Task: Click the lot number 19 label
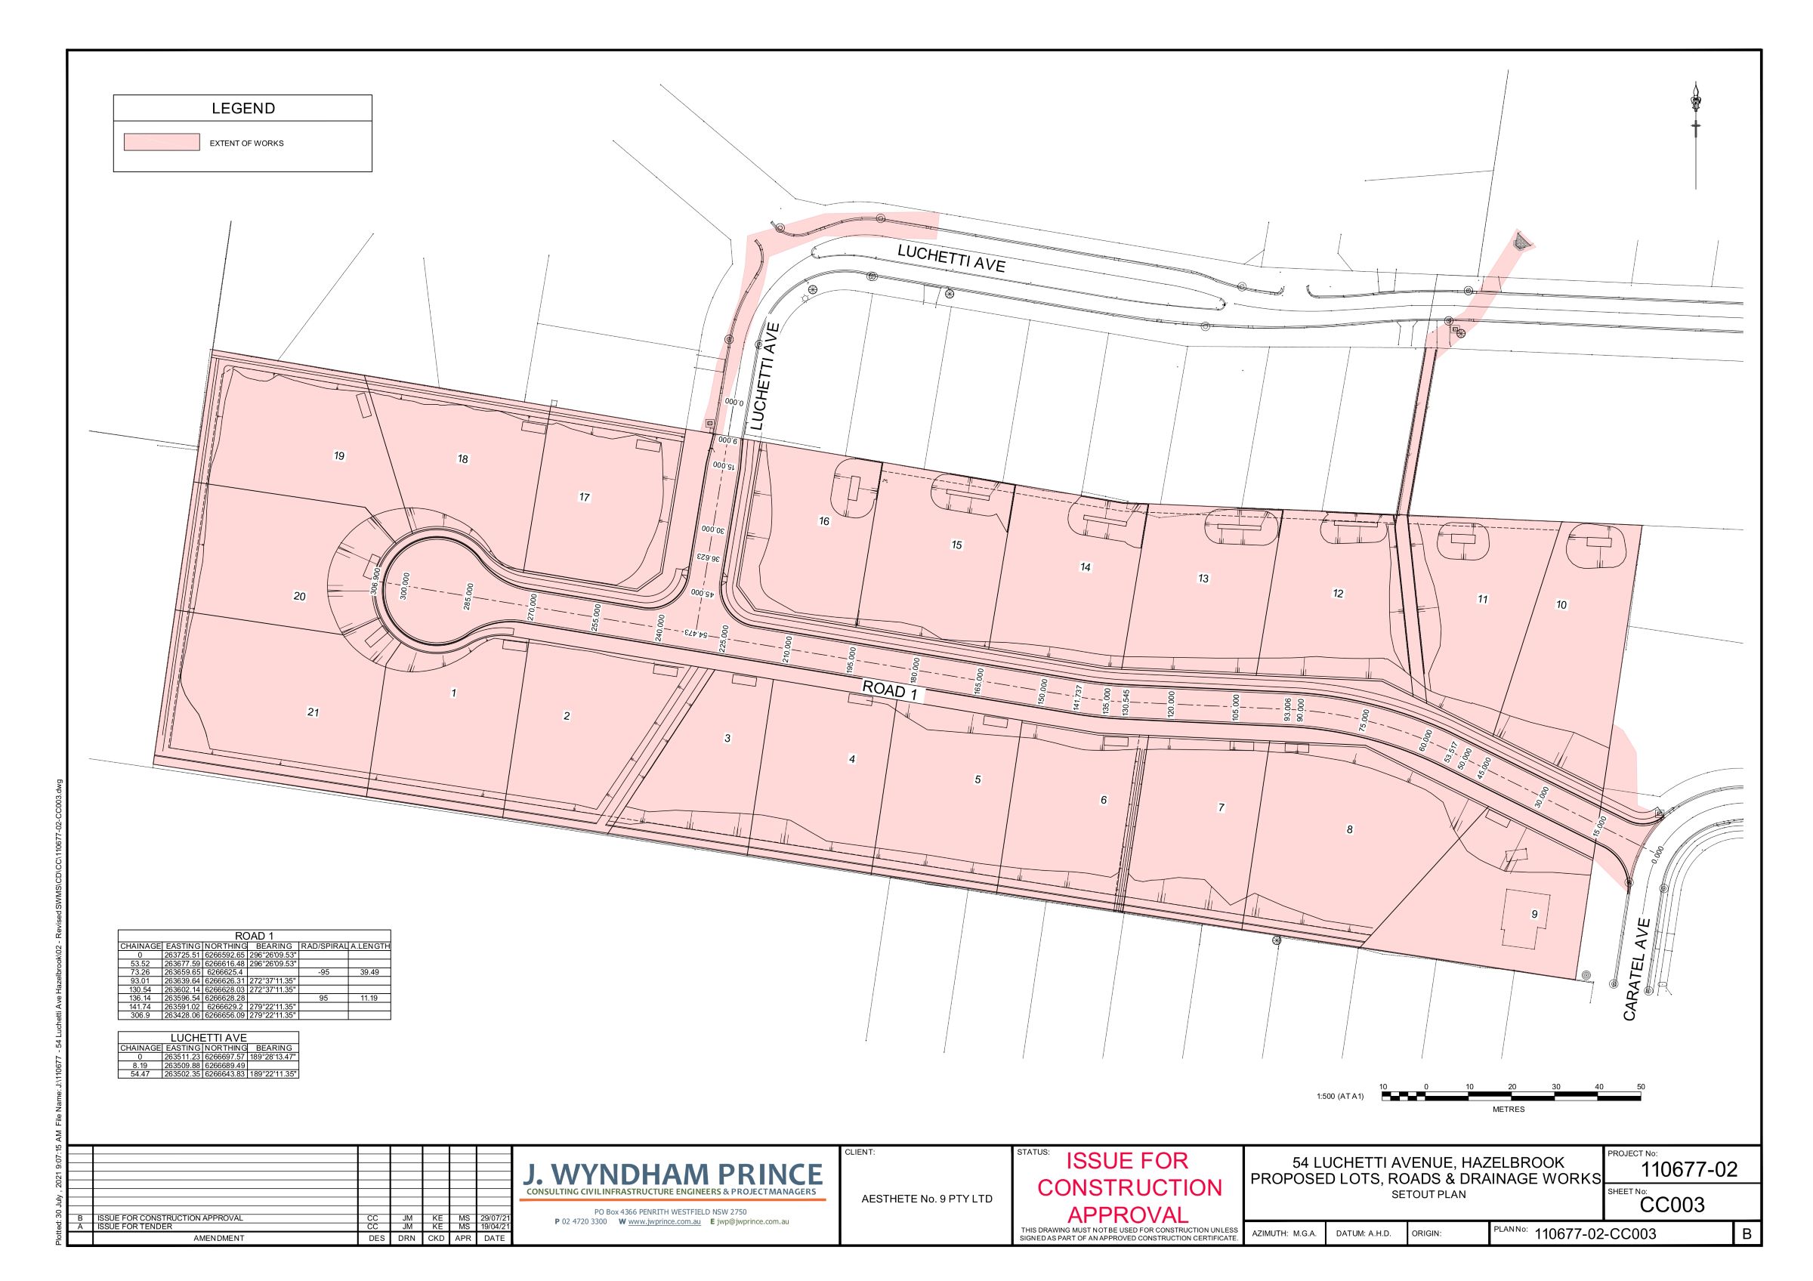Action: (338, 455)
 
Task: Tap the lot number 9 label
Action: (1534, 914)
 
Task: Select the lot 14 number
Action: (1085, 566)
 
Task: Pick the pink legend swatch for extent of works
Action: (161, 142)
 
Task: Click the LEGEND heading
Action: (242, 108)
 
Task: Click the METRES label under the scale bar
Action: (1509, 1109)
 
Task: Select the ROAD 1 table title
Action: (255, 936)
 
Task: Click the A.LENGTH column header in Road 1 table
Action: (369, 946)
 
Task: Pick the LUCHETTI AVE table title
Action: (208, 1037)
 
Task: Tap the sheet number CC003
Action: (1672, 1205)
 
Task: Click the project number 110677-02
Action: (1689, 1169)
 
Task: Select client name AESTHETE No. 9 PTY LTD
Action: (926, 1199)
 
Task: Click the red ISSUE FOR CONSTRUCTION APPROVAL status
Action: (1129, 1187)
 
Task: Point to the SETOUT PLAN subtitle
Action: (1428, 1194)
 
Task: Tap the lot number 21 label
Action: (313, 712)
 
